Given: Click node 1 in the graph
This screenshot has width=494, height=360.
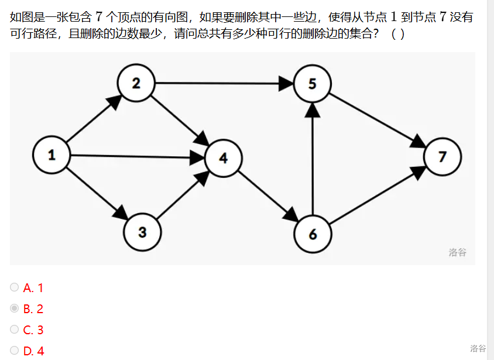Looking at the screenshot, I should (x=52, y=155).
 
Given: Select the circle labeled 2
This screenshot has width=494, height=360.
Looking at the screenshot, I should (x=136, y=83).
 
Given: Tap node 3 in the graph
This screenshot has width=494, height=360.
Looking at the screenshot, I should (x=142, y=232).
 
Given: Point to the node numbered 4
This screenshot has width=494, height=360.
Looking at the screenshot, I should (x=223, y=158).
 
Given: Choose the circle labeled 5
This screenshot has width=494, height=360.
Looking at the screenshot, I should (x=313, y=83).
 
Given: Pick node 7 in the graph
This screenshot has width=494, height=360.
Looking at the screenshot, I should (x=442, y=156).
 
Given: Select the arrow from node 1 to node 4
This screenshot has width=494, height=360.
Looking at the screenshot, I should (x=135, y=156).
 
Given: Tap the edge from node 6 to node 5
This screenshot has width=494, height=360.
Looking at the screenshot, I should (x=313, y=158).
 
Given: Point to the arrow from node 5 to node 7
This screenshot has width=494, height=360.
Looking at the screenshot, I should (x=378, y=120).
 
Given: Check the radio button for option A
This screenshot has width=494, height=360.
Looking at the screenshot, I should (x=15, y=287).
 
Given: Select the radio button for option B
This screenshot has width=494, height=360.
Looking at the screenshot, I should (x=15, y=308).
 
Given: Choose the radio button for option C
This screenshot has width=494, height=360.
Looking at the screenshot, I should (x=15, y=330).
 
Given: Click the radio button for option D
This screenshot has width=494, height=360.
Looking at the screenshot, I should (x=15, y=351).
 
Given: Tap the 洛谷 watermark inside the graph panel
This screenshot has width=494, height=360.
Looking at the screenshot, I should (x=458, y=252).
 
